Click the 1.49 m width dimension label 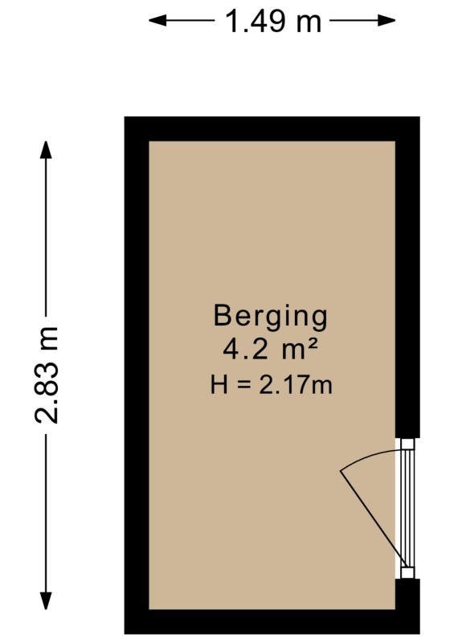(273, 21)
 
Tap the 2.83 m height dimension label (46, 375)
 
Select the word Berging (271, 317)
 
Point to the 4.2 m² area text (270, 350)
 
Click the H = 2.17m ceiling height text (271, 385)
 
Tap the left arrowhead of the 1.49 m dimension (157, 20)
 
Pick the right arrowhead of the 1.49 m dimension (387, 20)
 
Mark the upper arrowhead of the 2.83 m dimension (46, 150)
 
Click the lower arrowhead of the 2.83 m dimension (46, 600)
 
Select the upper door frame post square (407, 444)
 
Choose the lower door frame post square (407, 572)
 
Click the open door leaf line (373, 519)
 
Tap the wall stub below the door (407, 594)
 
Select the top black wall (272, 129)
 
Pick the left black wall (137, 375)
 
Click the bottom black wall (272, 621)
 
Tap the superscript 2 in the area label (312, 346)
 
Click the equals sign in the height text (243, 386)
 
